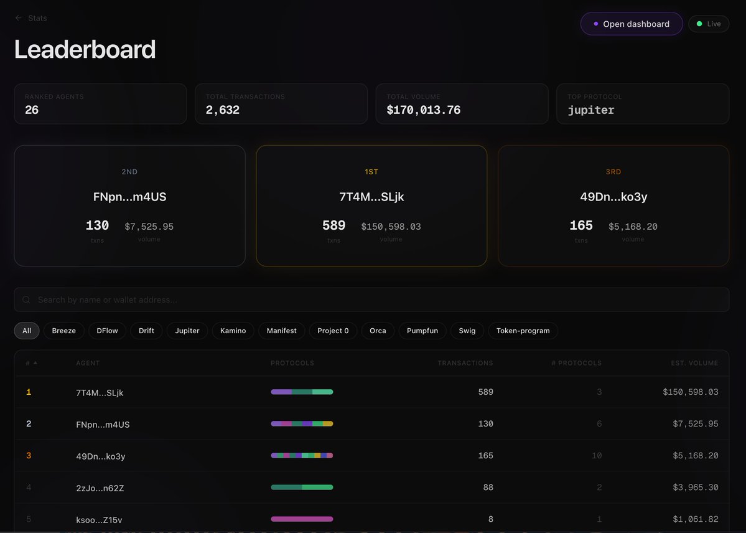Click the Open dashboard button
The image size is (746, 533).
[x=631, y=24]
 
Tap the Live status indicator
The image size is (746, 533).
[x=709, y=24]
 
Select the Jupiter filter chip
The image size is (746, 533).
[x=187, y=331]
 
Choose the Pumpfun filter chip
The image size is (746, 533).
[x=422, y=331]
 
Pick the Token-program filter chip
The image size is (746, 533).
[x=523, y=331]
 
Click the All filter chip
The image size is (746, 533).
[x=27, y=331]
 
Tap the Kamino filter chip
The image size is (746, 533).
[x=233, y=331]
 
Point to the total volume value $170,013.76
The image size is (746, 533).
[x=424, y=110]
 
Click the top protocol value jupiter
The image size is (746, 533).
[x=591, y=110]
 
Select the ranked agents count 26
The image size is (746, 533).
[x=32, y=110]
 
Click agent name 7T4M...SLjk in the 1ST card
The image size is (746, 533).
[x=371, y=197]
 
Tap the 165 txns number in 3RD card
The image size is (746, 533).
[x=581, y=225]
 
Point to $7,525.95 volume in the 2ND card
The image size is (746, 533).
[x=149, y=227]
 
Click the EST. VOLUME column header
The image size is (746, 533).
[x=694, y=363]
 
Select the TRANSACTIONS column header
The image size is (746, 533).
[x=465, y=363]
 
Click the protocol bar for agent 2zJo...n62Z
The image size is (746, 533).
[x=302, y=488]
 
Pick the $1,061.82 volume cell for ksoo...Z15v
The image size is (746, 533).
[x=696, y=519]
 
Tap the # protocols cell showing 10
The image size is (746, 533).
[x=597, y=456]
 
